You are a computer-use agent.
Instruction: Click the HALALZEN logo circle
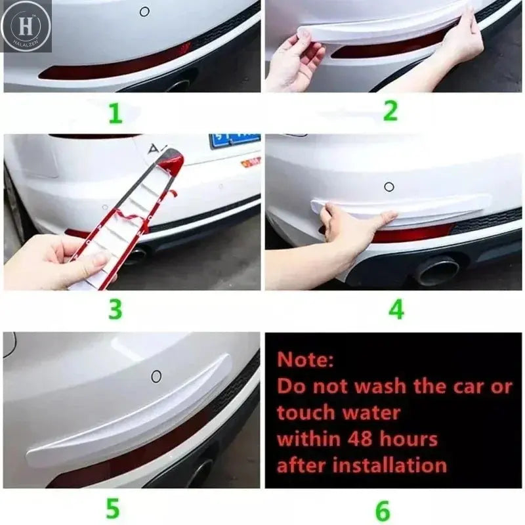click(26, 26)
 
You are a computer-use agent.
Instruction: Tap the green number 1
click(115, 113)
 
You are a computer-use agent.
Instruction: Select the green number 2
click(390, 111)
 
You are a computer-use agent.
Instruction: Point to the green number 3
click(115, 308)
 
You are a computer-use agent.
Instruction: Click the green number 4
click(396, 309)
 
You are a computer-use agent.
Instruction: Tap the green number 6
click(382, 510)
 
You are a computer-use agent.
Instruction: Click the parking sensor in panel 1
click(144, 11)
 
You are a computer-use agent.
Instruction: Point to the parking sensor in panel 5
click(156, 376)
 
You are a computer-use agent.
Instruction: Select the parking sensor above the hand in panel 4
click(389, 186)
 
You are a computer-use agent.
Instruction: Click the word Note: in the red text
click(305, 360)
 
